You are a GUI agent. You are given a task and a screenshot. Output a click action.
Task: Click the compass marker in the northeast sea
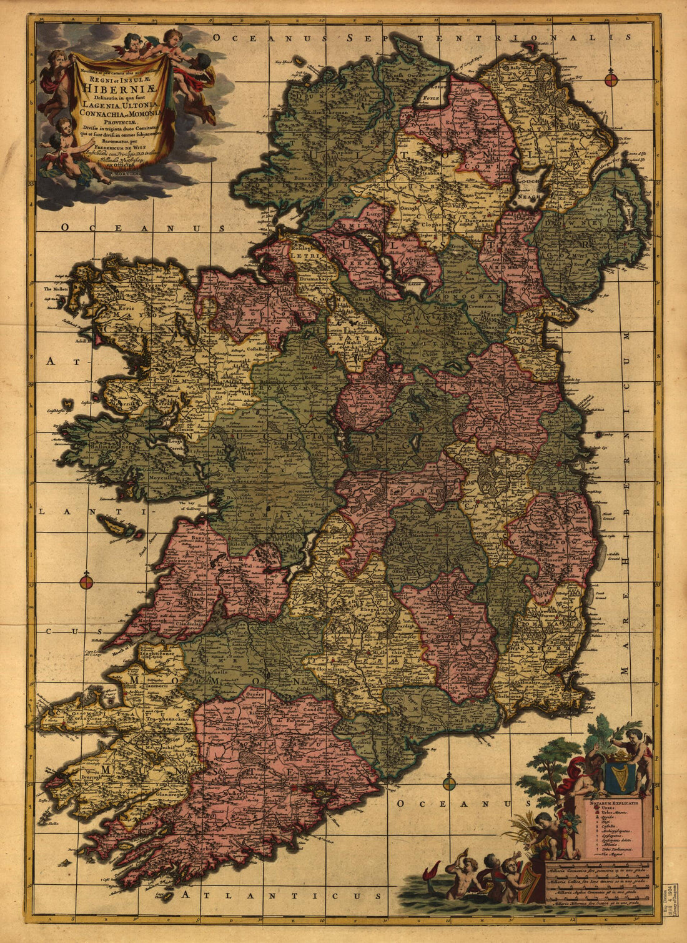[611, 79]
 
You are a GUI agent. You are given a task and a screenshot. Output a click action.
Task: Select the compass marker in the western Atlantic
[86, 582]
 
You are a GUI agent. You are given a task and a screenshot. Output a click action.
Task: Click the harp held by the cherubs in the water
[531, 881]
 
